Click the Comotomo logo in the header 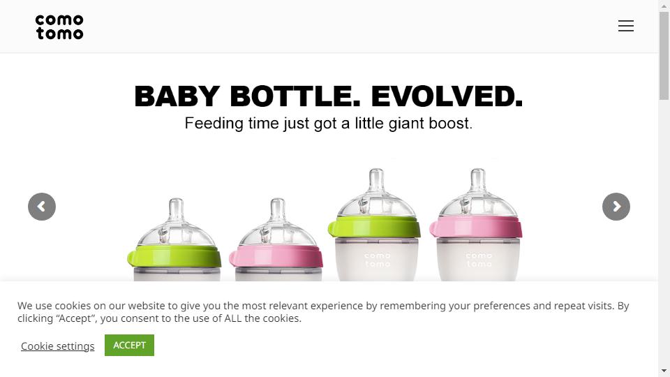pyautogui.click(x=59, y=27)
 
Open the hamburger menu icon pyautogui.click(x=625, y=26)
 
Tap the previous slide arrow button pyautogui.click(x=42, y=207)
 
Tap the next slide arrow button pyautogui.click(x=616, y=207)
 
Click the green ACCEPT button pyautogui.click(x=130, y=345)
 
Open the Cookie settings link pyautogui.click(x=58, y=346)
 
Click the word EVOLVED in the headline pyautogui.click(x=447, y=96)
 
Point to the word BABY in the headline pyautogui.click(x=177, y=96)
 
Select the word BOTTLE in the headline pyautogui.click(x=295, y=96)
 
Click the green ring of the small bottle pyautogui.click(x=174, y=256)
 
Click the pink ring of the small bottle pyautogui.click(x=276, y=256)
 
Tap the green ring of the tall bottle pyautogui.click(x=374, y=226)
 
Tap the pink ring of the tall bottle pyautogui.click(x=476, y=226)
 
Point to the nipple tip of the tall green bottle pyautogui.click(x=376, y=170)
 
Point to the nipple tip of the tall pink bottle pyautogui.click(x=477, y=170)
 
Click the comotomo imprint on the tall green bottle pyautogui.click(x=378, y=260)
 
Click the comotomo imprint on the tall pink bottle pyautogui.click(x=479, y=260)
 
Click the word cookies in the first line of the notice pyautogui.click(x=73, y=306)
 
